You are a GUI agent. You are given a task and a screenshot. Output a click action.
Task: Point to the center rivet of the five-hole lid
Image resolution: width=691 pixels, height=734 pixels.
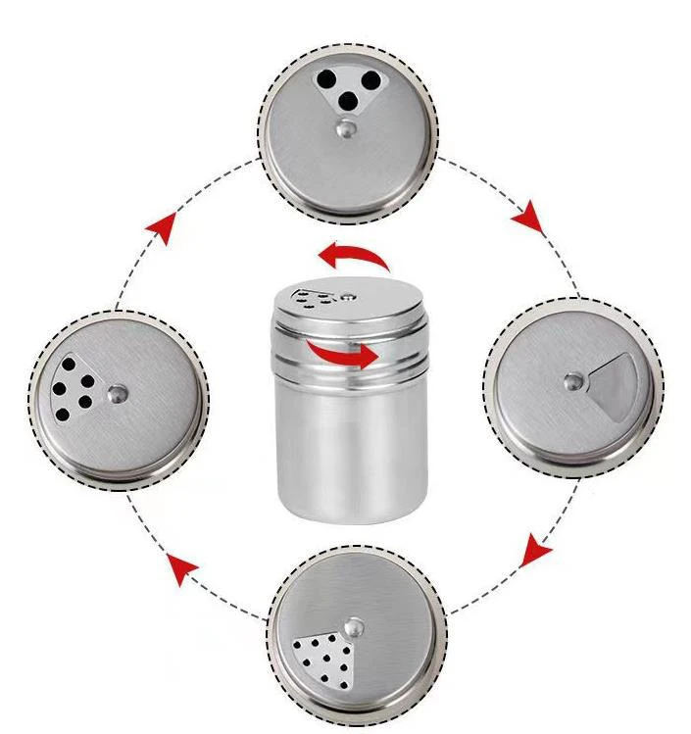click(x=117, y=392)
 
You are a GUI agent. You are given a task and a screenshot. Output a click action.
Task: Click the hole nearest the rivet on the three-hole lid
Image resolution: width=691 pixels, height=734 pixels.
click(x=347, y=100)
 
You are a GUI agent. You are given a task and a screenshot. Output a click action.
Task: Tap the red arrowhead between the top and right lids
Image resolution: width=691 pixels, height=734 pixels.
click(x=530, y=217)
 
